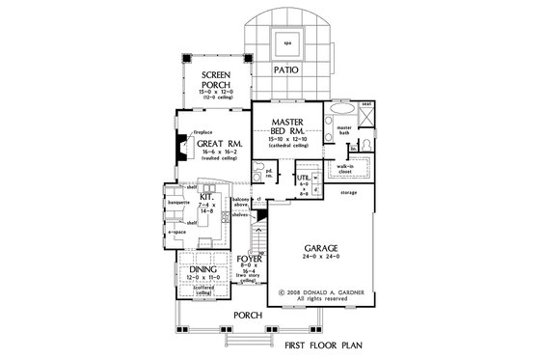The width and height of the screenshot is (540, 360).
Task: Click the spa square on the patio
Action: (x=286, y=42)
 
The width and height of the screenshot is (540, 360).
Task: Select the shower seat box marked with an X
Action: (x=366, y=113)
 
